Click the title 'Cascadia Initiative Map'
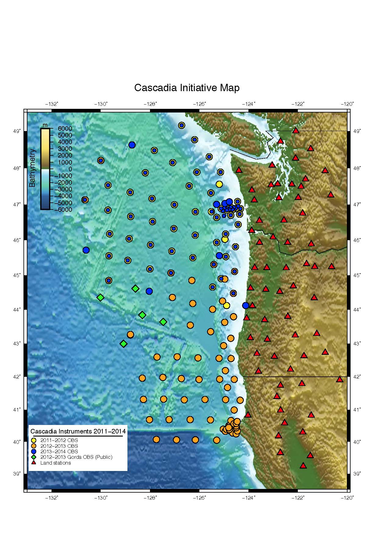(187, 88)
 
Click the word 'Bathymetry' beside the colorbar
(32, 168)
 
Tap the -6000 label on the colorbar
(63, 210)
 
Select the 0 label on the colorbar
(70, 169)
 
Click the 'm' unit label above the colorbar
(45, 125)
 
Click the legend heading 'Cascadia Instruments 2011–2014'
(78, 431)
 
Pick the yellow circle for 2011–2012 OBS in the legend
(34, 440)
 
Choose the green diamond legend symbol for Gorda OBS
(34, 457)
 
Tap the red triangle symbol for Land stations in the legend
(34, 463)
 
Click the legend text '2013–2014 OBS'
(59, 451)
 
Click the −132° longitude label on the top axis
(52, 104)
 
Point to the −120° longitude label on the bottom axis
(348, 498)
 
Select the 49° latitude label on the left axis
(17, 131)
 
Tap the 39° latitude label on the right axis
(357, 473)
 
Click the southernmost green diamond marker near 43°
(123, 344)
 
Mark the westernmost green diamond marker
(100, 298)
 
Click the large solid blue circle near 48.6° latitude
(132, 145)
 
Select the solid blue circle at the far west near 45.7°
(86, 250)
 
